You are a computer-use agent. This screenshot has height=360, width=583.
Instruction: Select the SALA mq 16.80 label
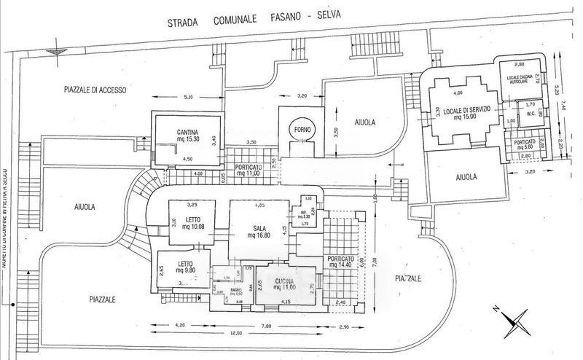click(259, 231)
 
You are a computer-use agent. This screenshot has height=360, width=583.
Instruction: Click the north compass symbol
click(517, 318)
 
